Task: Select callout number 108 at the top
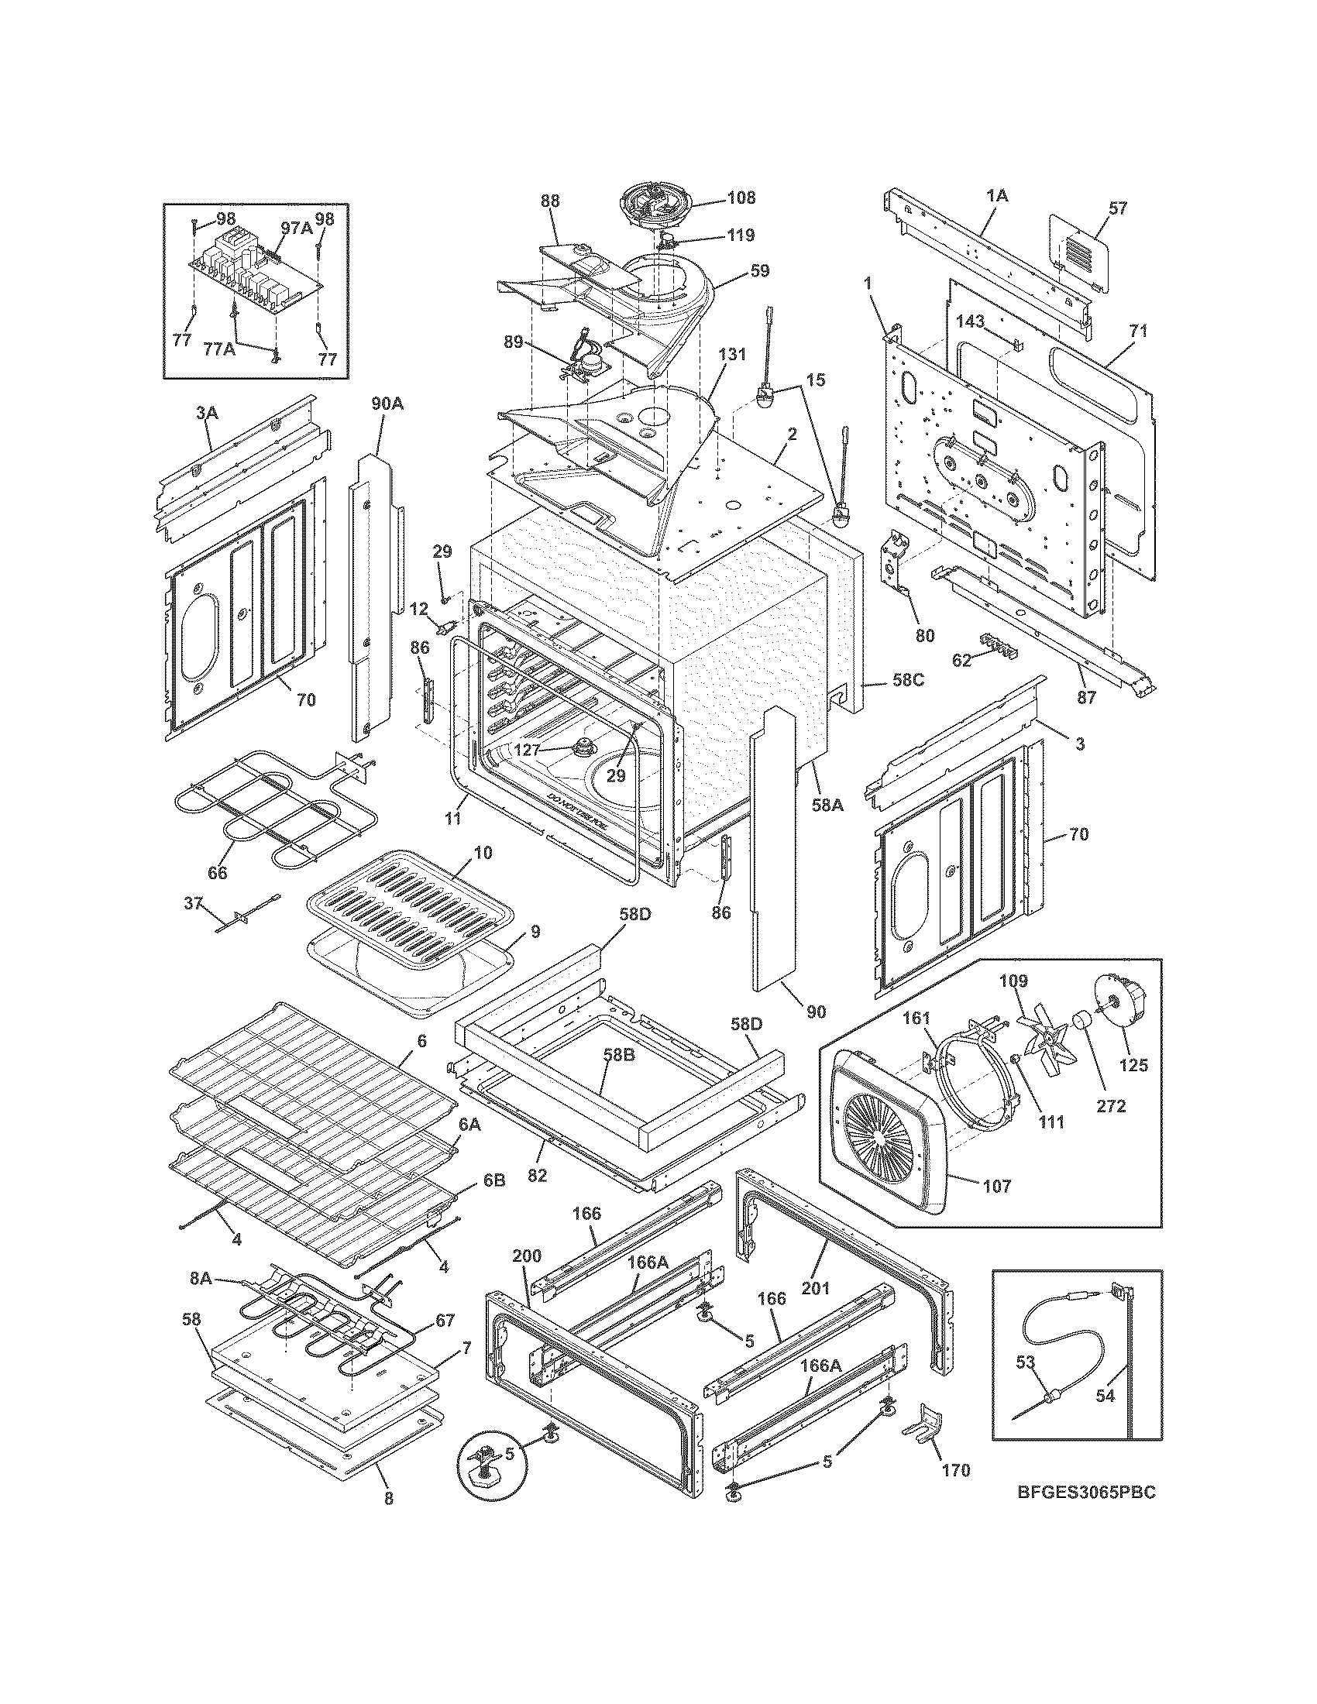click(741, 198)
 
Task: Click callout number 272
click(1110, 1106)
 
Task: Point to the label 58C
click(908, 679)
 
